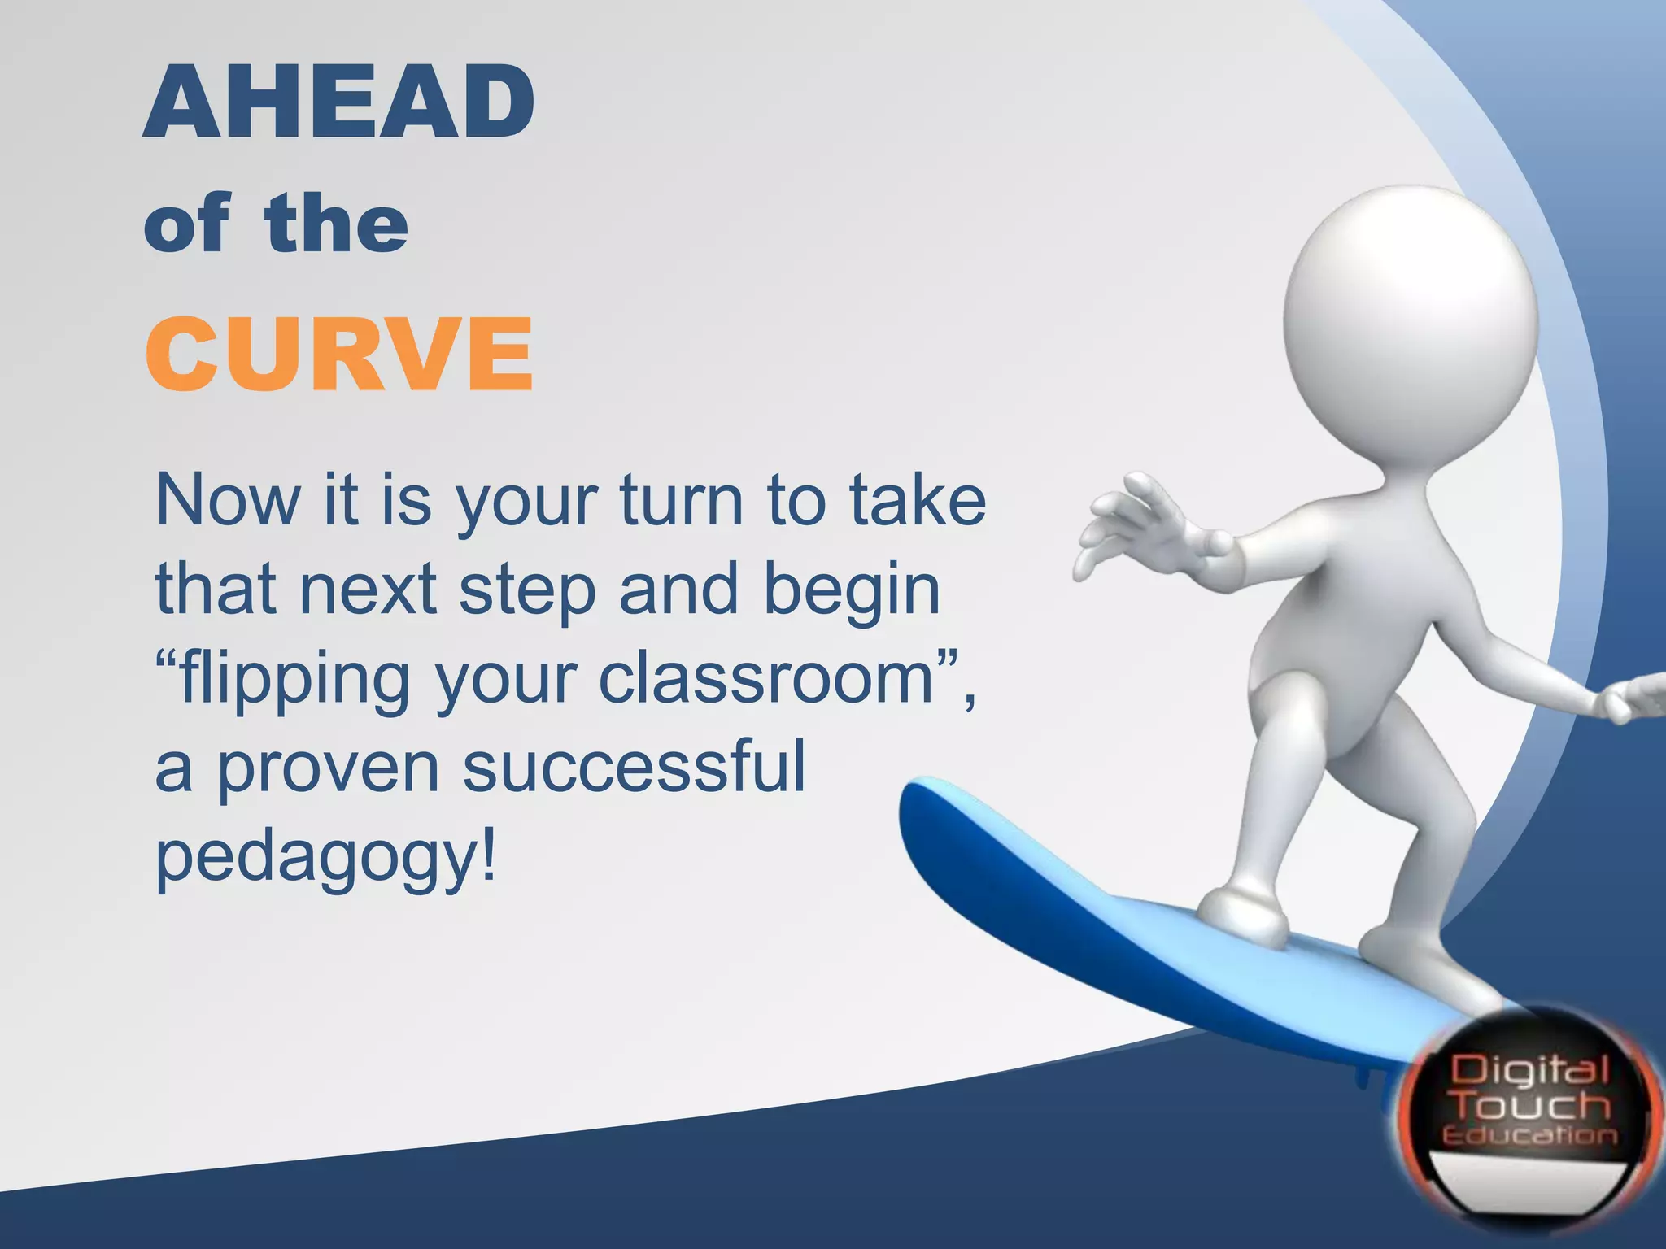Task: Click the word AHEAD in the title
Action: pos(339,103)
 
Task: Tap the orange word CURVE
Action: pos(339,355)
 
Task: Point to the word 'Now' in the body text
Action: pos(228,500)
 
